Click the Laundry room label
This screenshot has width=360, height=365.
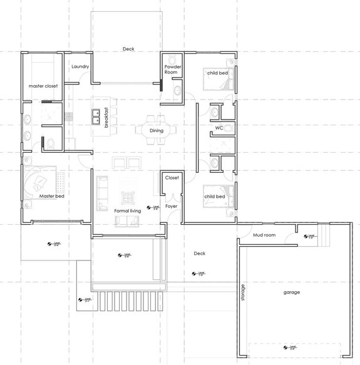[80, 66]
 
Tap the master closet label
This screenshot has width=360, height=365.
[43, 86]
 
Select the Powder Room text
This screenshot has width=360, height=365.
[172, 69]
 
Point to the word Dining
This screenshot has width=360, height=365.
[157, 130]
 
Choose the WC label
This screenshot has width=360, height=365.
[219, 128]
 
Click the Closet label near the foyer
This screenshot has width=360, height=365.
[172, 178]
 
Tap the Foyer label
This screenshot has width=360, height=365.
[172, 204]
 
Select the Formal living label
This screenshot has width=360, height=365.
[127, 212]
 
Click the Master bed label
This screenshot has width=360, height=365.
[52, 196]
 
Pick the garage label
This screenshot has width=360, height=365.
[291, 292]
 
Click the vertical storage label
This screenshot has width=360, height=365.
[244, 294]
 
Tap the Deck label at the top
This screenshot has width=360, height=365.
[128, 49]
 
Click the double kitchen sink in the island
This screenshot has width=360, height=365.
[97, 116]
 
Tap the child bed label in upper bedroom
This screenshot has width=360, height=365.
[217, 73]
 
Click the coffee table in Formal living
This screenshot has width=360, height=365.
[128, 198]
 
